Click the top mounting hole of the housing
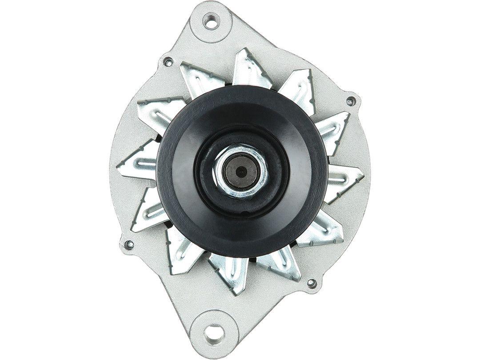pyautogui.click(x=211, y=20)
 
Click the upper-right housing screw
pyautogui.click(x=351, y=101)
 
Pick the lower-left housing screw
pyautogui.click(x=130, y=244)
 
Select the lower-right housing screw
pyautogui.click(x=312, y=283)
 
